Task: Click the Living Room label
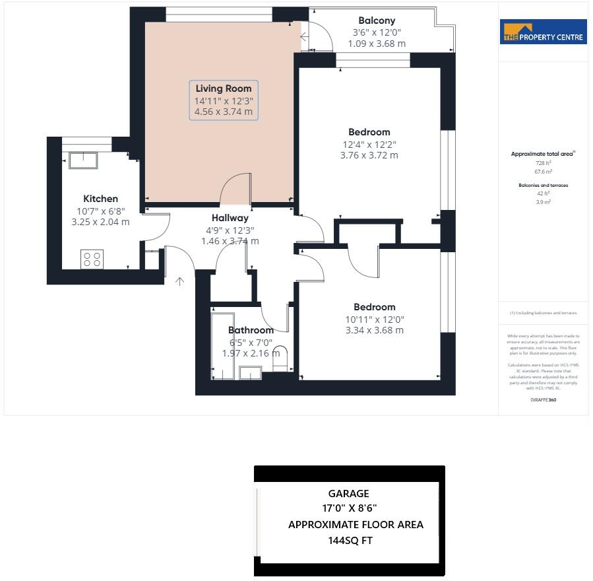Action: [224, 88]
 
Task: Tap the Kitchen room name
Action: [100, 199]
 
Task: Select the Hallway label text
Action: [230, 218]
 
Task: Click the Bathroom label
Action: [251, 330]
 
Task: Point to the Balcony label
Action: [377, 20]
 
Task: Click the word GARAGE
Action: [348, 493]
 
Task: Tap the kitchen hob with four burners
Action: [92, 259]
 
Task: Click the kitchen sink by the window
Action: [83, 160]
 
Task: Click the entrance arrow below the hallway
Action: [179, 282]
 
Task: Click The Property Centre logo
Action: [543, 32]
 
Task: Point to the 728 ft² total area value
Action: [543, 162]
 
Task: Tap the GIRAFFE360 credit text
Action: [543, 399]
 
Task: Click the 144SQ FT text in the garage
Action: [350, 541]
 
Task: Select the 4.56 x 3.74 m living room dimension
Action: [224, 112]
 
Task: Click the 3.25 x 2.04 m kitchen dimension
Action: [100, 222]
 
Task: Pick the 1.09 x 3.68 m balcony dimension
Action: [377, 44]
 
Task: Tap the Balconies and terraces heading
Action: [543, 186]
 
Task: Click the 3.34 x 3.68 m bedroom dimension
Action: [374, 330]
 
